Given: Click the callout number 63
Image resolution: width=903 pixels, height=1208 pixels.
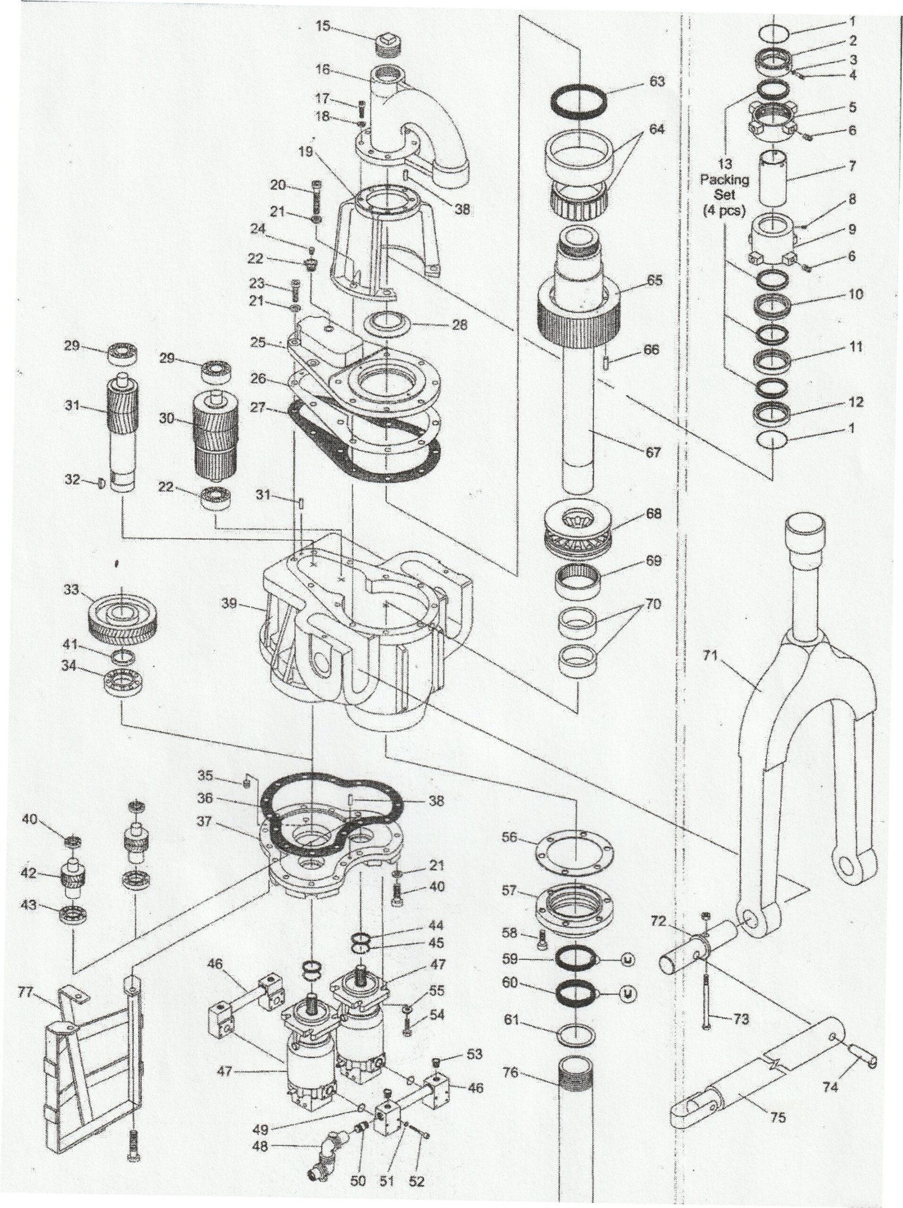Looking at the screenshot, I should pos(656,82).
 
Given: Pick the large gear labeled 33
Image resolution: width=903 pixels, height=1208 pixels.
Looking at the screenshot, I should pos(123,618).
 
